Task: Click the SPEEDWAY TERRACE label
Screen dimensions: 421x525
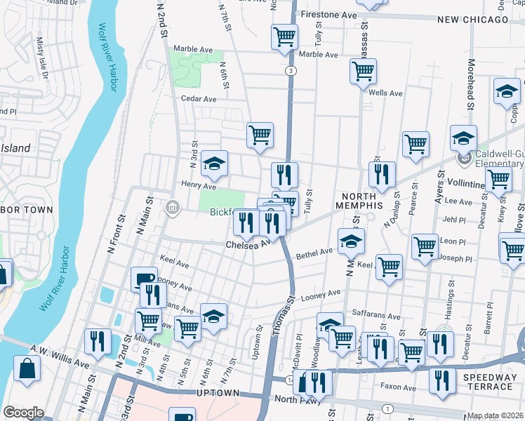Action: [487, 382]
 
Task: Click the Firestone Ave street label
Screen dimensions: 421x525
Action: [328, 14]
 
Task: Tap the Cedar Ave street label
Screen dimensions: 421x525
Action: [199, 99]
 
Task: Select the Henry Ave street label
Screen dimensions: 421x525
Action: [199, 186]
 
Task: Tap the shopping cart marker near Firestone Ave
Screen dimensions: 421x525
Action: [285, 36]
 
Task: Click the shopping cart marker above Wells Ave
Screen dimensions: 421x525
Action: [363, 70]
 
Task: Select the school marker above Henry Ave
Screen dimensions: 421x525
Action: [214, 164]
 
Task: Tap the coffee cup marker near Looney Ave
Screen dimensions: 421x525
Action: [144, 279]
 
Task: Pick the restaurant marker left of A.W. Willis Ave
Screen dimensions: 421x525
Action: [97, 342]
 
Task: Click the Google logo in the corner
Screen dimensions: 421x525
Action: [23, 413]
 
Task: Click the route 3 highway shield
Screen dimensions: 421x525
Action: [289, 71]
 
